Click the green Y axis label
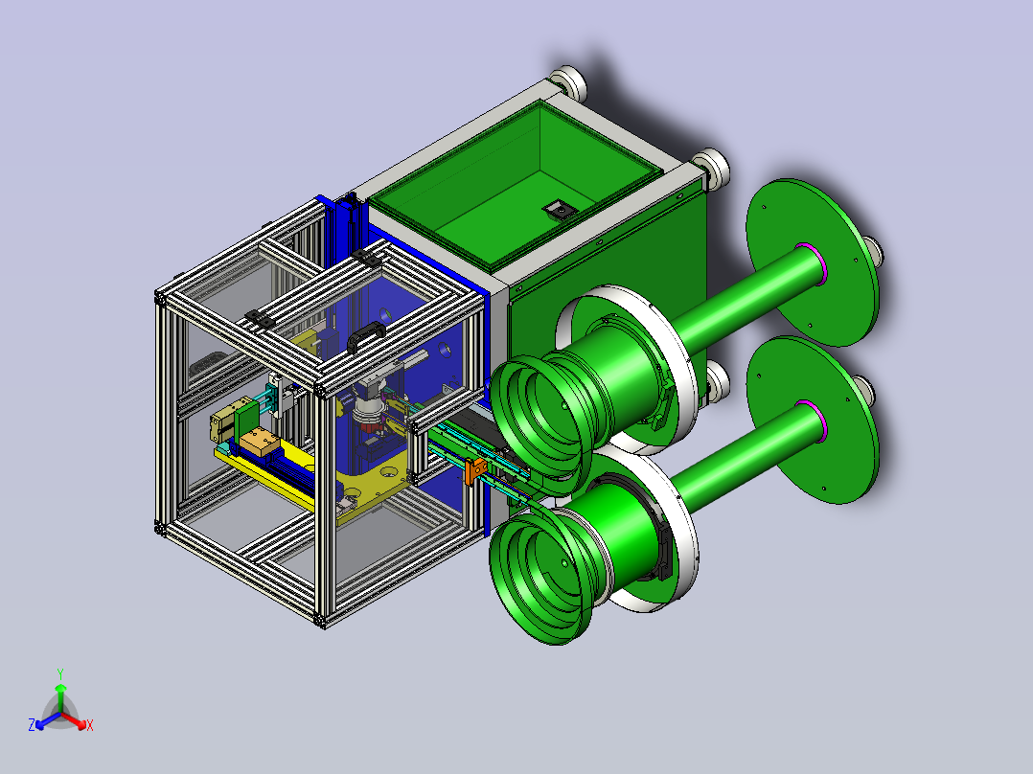coord(60,673)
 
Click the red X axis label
coord(90,725)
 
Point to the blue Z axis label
coord(32,725)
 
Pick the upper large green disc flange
coord(814,262)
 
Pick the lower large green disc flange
coord(814,420)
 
